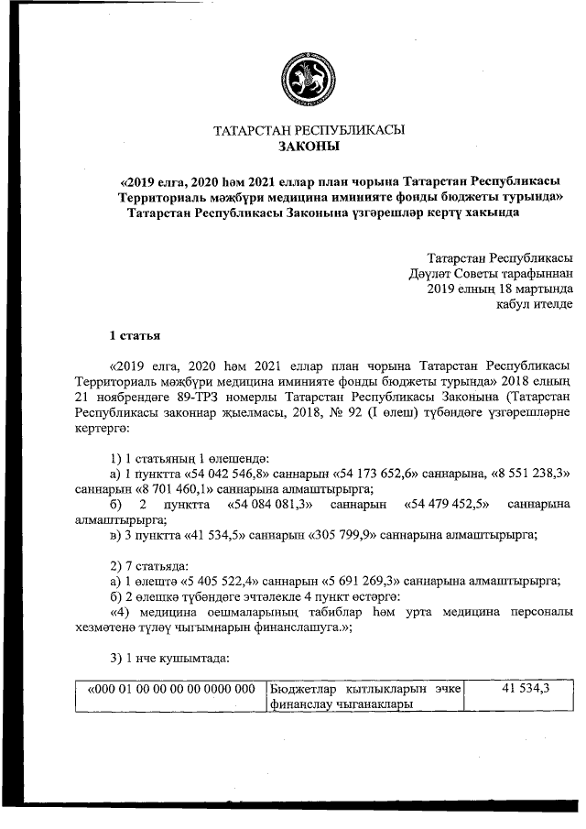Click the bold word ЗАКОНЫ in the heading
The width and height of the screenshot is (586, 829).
(x=308, y=147)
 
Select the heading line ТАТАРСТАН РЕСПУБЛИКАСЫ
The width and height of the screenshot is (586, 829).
(x=309, y=130)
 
